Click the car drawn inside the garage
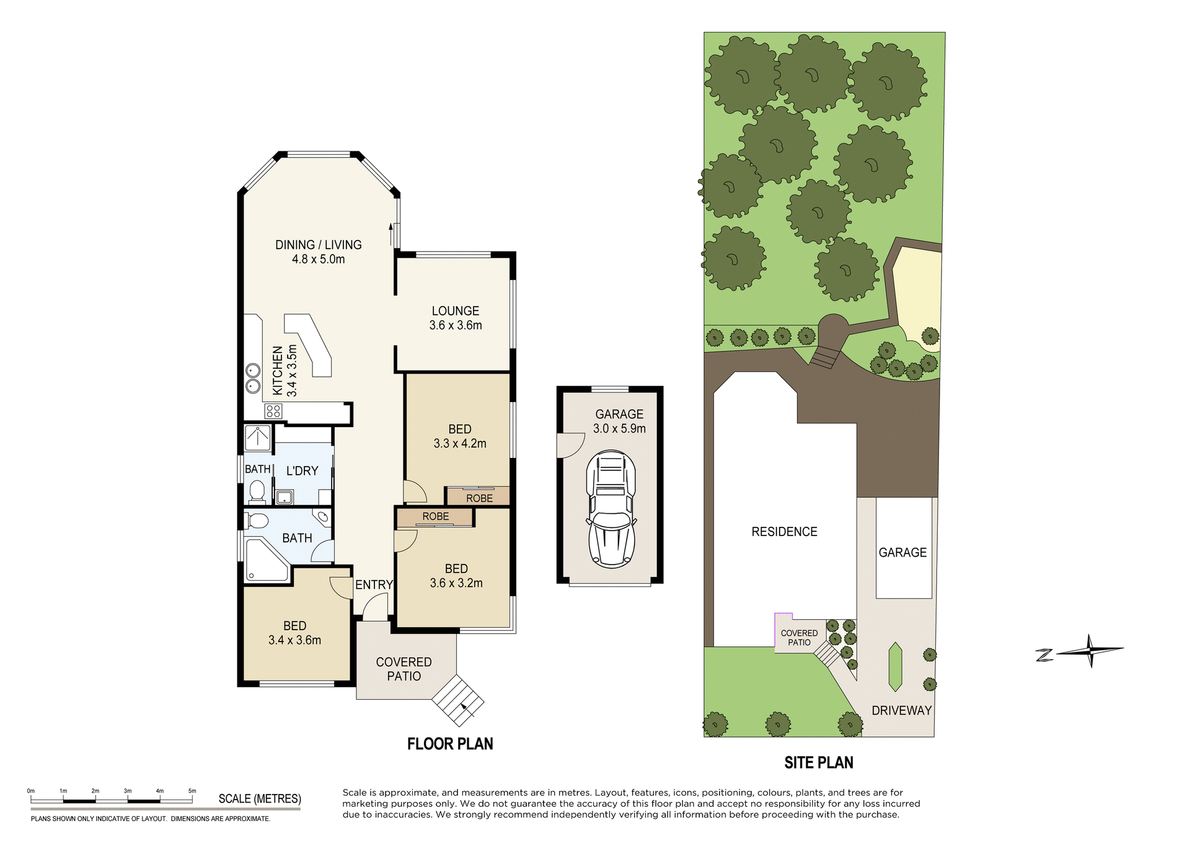click(x=611, y=509)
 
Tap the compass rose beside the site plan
click(x=1090, y=651)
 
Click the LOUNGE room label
click(x=456, y=311)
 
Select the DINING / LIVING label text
click(x=318, y=245)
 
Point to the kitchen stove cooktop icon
click(x=273, y=411)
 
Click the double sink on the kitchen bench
click(x=252, y=378)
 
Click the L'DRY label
click(x=302, y=471)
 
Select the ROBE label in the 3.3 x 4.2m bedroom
click(x=479, y=498)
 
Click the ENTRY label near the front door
click(x=374, y=584)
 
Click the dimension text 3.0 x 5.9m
click(x=619, y=428)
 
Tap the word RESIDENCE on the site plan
click(x=784, y=532)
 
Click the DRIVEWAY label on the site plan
click(x=901, y=710)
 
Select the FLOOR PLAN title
click(x=450, y=744)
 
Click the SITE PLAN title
click(x=818, y=762)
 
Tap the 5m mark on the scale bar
click(x=192, y=792)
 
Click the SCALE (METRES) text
click(x=260, y=799)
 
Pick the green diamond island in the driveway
click(x=894, y=667)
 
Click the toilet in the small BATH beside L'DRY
click(x=257, y=492)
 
